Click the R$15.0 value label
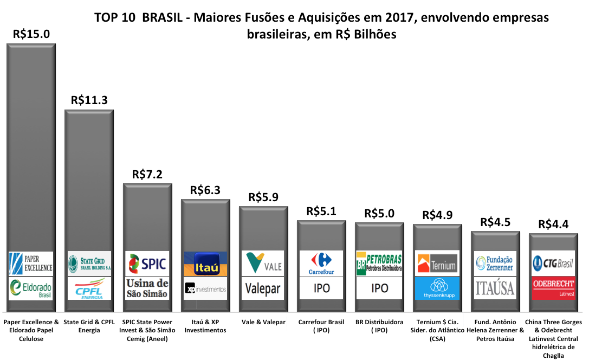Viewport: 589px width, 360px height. tap(31, 34)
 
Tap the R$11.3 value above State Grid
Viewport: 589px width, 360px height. tap(89, 100)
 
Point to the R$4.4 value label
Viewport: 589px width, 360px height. tap(553, 224)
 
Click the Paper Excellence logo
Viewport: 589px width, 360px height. tap(31, 263)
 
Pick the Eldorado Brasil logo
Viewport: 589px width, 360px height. tap(31, 288)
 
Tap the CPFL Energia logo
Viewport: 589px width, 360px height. tap(89, 288)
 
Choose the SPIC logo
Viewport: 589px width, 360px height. tap(147, 263)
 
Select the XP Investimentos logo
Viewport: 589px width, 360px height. tap(205, 289)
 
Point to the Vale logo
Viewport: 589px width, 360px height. tap(263, 263)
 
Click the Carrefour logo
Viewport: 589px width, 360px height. tap(321, 263)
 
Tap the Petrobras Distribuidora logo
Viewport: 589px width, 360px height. tap(379, 263)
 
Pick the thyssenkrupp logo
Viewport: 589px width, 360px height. tap(437, 288)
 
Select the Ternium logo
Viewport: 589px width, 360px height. tap(437, 263)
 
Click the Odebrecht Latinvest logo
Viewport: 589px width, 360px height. tap(553, 288)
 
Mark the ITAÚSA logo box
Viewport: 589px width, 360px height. tap(495, 288)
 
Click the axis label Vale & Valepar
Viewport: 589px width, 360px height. tap(263, 322)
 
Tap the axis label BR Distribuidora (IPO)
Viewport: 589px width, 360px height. tap(379, 326)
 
